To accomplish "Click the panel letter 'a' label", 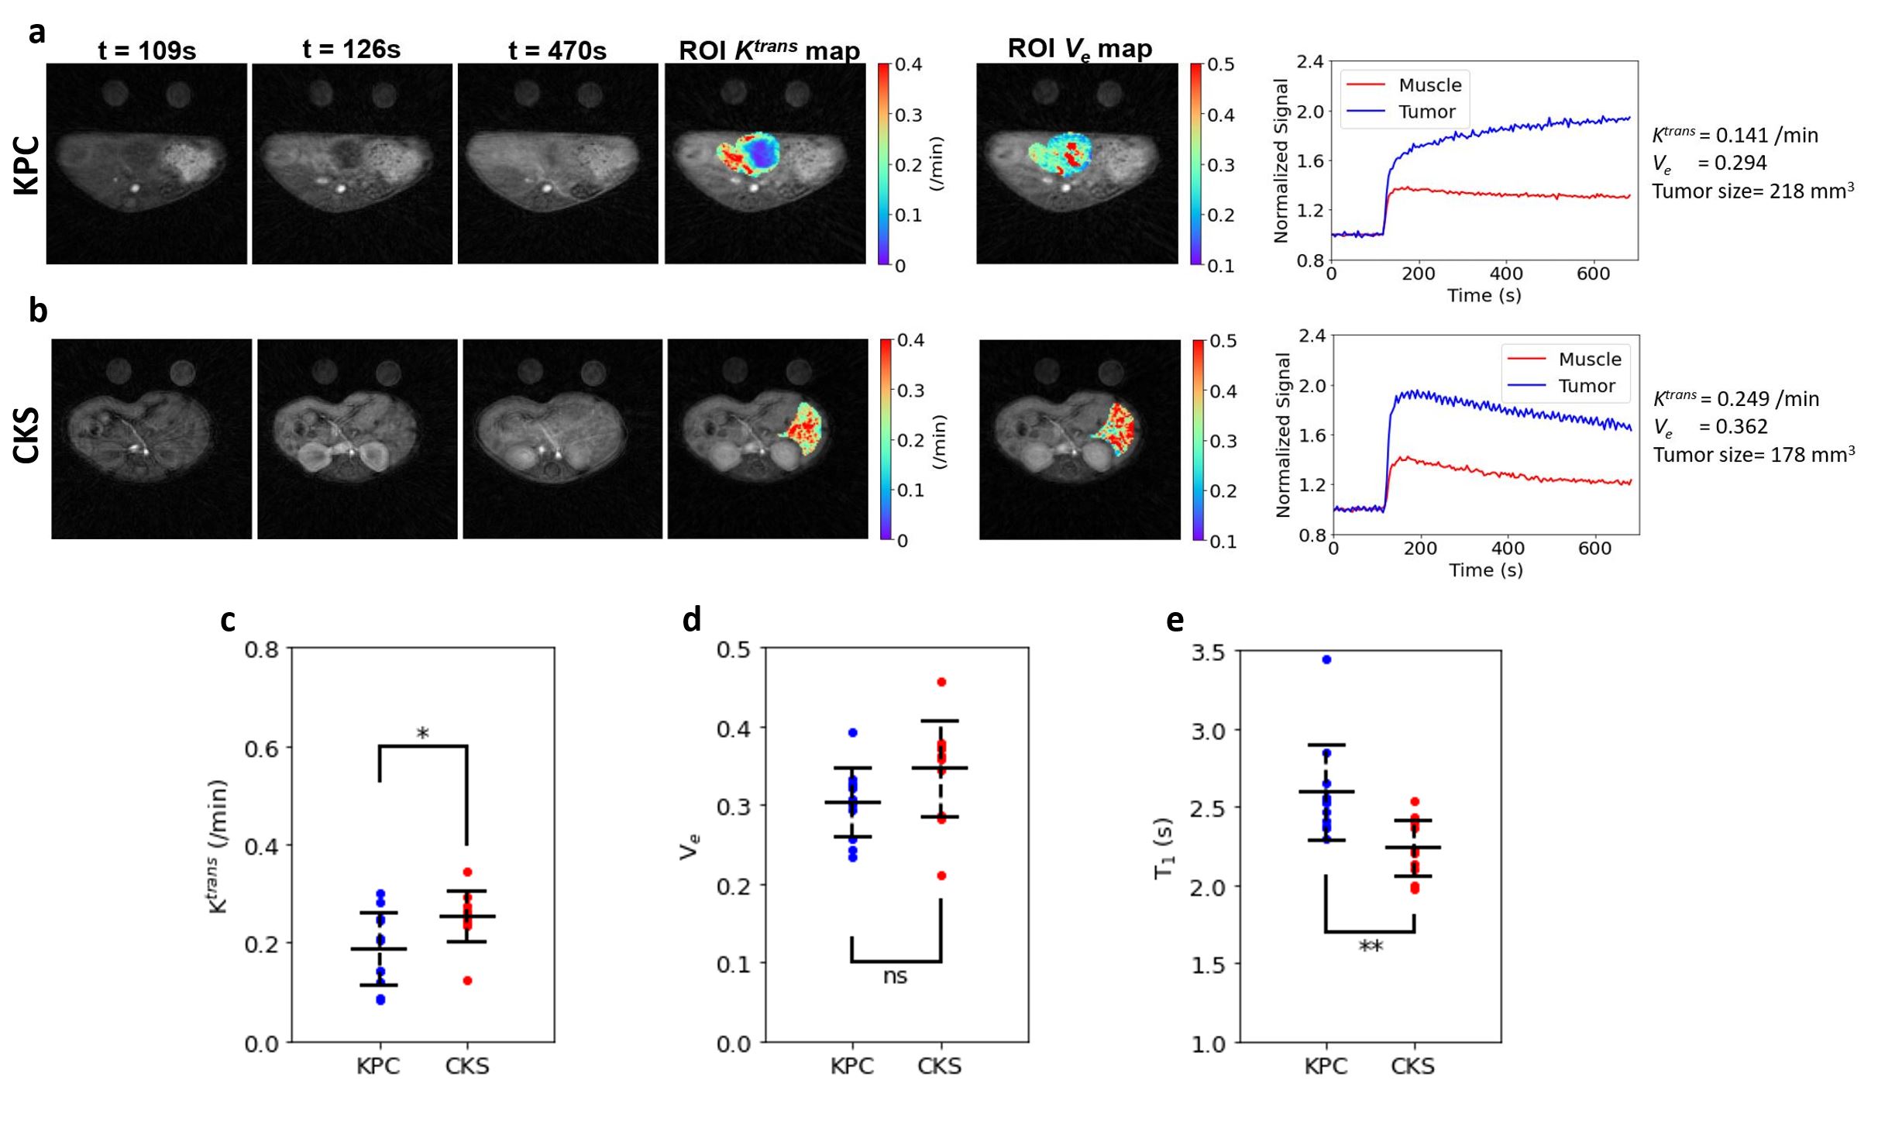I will (x=36, y=33).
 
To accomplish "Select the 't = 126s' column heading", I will (x=351, y=50).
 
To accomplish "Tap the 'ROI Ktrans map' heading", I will (x=769, y=50).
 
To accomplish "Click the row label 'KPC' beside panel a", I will (x=26, y=164).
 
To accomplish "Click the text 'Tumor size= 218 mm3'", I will (x=1752, y=191).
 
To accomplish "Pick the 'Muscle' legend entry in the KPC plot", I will (x=1429, y=85).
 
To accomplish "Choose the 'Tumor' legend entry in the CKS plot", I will (x=1586, y=386).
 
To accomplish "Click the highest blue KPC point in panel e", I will (x=1326, y=659).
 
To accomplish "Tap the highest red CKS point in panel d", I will (x=941, y=682).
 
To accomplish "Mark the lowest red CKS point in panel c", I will (x=467, y=980).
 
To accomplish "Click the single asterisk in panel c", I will (x=422, y=732).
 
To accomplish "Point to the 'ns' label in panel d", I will (x=895, y=976).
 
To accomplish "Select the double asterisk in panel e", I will (x=1371, y=946).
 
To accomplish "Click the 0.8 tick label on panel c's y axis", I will (x=261, y=649).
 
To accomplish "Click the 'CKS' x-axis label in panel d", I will (x=939, y=1066).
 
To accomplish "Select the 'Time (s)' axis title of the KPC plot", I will (x=1484, y=295).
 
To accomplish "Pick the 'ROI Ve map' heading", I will (x=1079, y=49).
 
